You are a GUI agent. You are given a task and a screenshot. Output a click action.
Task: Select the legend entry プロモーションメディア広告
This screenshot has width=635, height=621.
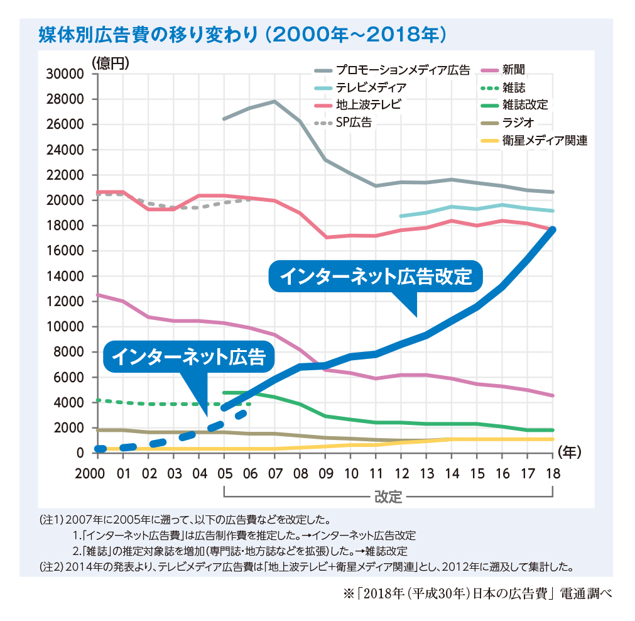[x=402, y=70]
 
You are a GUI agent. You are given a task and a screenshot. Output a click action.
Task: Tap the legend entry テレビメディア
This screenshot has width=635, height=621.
[x=371, y=87]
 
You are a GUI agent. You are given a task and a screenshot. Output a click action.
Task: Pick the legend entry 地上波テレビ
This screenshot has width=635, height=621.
[x=367, y=105]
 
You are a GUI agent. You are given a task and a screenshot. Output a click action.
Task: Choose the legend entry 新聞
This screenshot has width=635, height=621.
[x=514, y=70]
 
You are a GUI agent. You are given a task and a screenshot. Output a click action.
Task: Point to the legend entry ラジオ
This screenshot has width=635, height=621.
[x=519, y=123]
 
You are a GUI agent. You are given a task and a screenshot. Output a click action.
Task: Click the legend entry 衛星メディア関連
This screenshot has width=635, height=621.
[x=545, y=141]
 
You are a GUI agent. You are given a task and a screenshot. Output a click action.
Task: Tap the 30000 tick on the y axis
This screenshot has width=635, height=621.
[x=66, y=74]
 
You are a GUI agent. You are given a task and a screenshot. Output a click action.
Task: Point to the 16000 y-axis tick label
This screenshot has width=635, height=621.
[x=66, y=251]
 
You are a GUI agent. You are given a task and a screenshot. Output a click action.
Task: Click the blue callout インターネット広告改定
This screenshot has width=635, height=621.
[x=375, y=277]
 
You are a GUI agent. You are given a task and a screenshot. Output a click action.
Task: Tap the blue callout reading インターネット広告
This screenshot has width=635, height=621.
[x=188, y=358]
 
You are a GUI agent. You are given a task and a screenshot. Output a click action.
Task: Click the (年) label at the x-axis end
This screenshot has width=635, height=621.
[x=569, y=451]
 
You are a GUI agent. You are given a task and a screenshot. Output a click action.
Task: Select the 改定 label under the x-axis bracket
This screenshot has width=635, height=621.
[x=388, y=496]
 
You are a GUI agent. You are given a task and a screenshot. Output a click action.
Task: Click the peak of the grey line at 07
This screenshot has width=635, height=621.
[x=274, y=101]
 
